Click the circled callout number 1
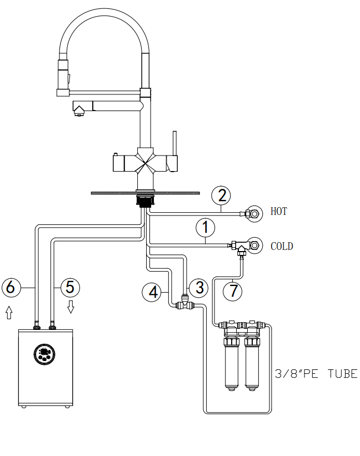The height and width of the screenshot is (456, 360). click(x=206, y=228)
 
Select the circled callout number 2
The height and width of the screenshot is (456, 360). click(x=221, y=196)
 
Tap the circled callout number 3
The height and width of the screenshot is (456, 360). click(x=199, y=288)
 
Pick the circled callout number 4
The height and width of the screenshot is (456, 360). click(x=152, y=292)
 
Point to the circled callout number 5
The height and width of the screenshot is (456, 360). click(x=70, y=288)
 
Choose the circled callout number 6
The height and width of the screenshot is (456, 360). click(x=11, y=288)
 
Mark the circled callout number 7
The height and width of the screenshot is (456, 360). click(x=233, y=291)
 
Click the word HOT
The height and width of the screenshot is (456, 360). click(x=278, y=212)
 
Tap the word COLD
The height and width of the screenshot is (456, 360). click(x=282, y=246)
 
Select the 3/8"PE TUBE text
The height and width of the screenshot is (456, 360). click(x=316, y=374)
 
